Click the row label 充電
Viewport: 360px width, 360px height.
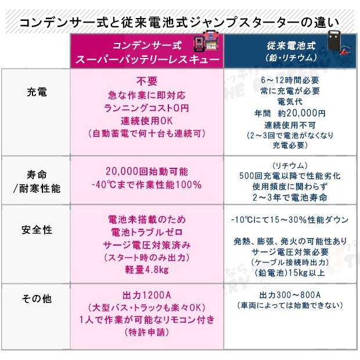(37, 92)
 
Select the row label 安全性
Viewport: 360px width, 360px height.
(37, 230)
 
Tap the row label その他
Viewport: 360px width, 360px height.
(37, 298)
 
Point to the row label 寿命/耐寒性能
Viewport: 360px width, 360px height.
(37, 182)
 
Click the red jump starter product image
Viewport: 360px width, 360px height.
(206, 42)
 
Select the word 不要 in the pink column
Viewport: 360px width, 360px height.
(147, 81)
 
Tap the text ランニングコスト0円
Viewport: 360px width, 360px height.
(146, 108)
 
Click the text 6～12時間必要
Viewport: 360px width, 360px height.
(290, 80)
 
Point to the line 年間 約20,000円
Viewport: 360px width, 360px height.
(290, 113)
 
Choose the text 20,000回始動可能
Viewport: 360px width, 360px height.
(147, 171)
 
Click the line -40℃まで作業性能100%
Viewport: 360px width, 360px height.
(146, 185)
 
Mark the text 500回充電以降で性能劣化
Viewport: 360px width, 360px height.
(290, 176)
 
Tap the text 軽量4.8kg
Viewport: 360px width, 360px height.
(147, 269)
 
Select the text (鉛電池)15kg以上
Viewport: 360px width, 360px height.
(290, 272)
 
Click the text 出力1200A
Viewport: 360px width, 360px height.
(147, 295)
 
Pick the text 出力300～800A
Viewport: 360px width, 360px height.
(290, 295)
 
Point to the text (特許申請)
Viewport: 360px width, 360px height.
(147, 332)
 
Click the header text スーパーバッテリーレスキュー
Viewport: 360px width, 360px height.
(147, 60)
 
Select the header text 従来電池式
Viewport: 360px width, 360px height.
(291, 46)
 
